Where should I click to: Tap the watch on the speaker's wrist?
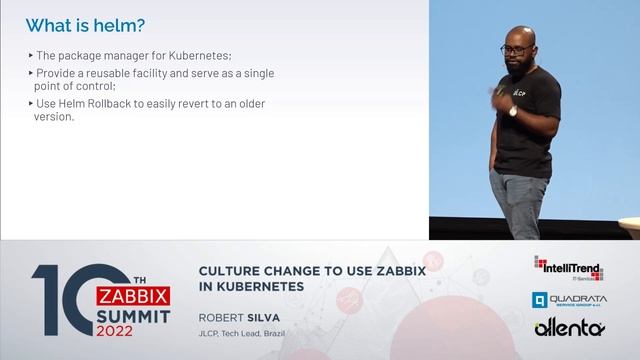point(512,111)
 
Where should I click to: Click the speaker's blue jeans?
point(519,205)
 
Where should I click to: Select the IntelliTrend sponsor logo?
point(568,266)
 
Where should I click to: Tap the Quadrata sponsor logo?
point(568,299)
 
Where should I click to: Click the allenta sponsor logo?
point(569,328)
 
